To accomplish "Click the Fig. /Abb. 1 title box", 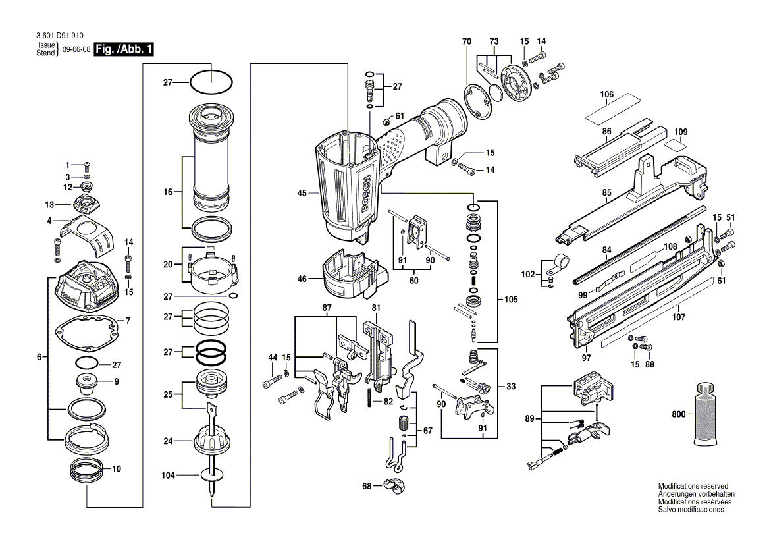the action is (124, 49).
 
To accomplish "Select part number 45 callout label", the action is (302, 193).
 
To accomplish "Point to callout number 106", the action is (606, 95).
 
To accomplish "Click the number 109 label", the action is (681, 132).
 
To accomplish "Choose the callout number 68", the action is (367, 487).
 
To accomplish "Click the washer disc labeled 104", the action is (211, 475).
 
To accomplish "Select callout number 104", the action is (169, 476).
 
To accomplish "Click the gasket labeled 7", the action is (86, 333).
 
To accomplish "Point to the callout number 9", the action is (117, 381).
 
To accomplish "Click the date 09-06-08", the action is (76, 49).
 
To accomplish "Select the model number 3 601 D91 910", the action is (60, 36).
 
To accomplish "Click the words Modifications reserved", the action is (693, 486).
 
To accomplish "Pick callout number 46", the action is (302, 279).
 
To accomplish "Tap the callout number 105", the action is (511, 299).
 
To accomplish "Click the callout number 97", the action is (587, 358).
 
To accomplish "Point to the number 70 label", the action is (466, 41).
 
